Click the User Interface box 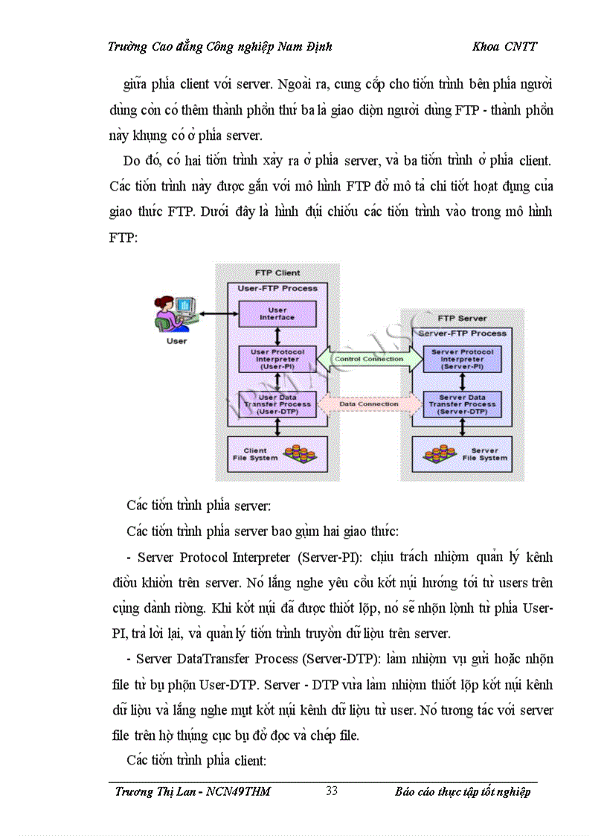pos(277,313)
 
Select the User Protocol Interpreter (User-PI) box pos(277,359)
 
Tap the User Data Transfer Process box pos(277,404)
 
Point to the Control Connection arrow pos(369,359)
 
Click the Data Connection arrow pos(369,404)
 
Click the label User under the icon pos(176,341)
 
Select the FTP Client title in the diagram pos(277,273)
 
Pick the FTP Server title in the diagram pos(462,318)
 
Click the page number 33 pos(332,791)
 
